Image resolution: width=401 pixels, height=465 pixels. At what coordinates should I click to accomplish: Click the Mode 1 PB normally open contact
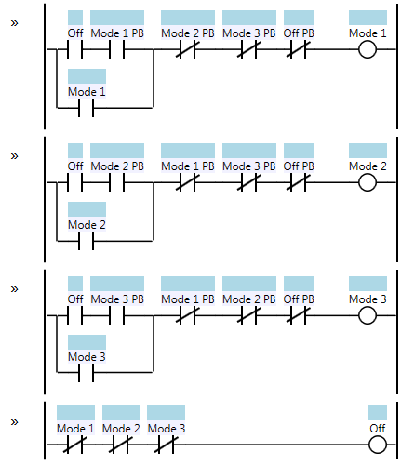[x=116, y=49]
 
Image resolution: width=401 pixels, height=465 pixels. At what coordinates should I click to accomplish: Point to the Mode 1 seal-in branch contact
[x=87, y=108]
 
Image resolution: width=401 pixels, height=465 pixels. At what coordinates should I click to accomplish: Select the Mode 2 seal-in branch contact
[x=87, y=241]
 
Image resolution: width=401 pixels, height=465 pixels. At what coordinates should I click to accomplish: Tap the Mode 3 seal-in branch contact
[x=87, y=372]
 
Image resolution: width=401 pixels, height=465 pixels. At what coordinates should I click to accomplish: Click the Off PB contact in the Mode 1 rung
[x=298, y=49]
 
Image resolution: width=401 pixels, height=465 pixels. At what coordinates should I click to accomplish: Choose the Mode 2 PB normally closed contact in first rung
[x=187, y=49]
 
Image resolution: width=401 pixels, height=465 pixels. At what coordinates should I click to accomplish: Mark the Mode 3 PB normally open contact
[x=116, y=315]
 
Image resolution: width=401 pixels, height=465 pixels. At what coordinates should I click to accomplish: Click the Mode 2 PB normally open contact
[x=116, y=182]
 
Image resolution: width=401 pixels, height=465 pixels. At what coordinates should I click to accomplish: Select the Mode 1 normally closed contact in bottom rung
[x=75, y=445]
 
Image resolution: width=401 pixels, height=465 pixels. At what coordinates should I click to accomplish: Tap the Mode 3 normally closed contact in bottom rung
[x=167, y=445]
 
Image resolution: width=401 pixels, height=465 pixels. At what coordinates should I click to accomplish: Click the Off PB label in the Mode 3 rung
[x=299, y=299]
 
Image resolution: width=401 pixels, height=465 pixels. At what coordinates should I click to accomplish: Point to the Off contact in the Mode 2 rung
[x=74, y=182]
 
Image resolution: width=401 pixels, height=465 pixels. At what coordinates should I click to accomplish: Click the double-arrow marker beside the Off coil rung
[x=14, y=422]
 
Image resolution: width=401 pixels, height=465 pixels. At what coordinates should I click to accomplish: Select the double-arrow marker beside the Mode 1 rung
[x=14, y=23]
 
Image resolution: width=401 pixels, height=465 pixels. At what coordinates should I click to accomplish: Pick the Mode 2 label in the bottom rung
[x=121, y=429]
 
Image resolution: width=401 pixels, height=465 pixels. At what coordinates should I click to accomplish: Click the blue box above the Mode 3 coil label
[x=368, y=284]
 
